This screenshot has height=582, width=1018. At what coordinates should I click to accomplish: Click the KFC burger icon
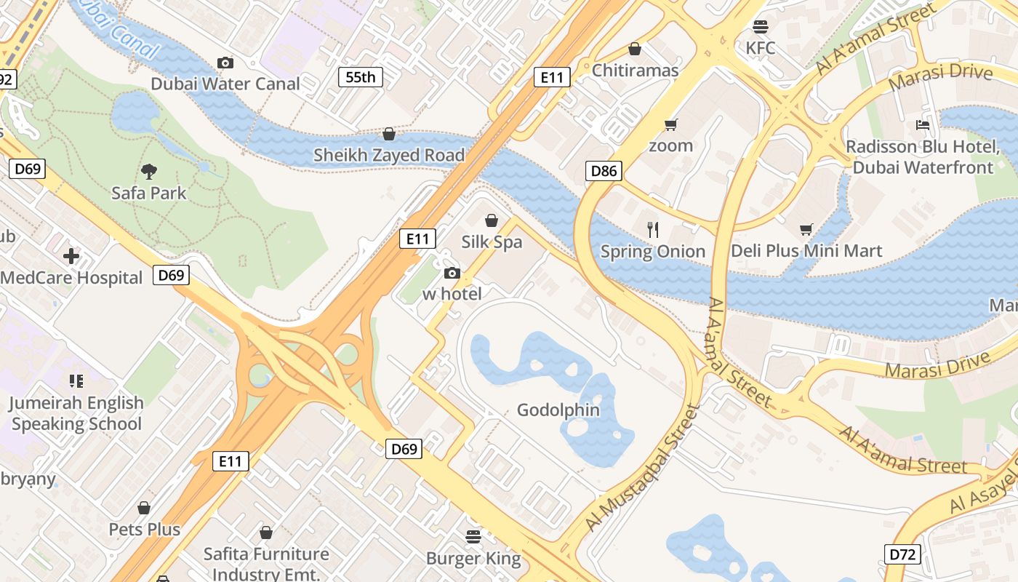761,27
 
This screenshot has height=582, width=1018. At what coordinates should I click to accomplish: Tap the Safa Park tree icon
149,172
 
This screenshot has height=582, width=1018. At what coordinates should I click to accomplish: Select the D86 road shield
604,172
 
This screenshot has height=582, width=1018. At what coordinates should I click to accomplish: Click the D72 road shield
902,554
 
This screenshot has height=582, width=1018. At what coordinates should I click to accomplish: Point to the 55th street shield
360,77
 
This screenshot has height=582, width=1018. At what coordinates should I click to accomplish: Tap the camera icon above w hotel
452,273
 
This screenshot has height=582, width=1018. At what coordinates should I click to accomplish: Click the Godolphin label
558,410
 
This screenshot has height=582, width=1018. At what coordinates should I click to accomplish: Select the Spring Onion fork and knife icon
653,230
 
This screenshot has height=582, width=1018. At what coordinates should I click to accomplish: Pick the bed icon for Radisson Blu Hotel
923,125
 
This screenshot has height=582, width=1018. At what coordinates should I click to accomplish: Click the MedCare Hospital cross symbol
71,256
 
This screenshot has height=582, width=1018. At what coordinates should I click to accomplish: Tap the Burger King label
473,559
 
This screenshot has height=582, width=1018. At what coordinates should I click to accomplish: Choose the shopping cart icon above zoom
670,124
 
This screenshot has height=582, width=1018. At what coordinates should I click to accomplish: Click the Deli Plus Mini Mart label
806,251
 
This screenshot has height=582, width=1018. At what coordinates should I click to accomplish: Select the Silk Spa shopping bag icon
492,220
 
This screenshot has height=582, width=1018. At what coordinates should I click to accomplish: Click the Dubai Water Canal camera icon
225,63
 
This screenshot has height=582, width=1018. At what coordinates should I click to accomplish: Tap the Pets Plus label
144,529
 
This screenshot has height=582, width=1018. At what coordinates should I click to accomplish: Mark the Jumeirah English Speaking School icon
76,381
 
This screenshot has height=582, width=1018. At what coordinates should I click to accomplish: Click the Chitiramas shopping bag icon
635,49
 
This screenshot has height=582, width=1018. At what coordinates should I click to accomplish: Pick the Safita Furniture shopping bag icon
266,533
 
